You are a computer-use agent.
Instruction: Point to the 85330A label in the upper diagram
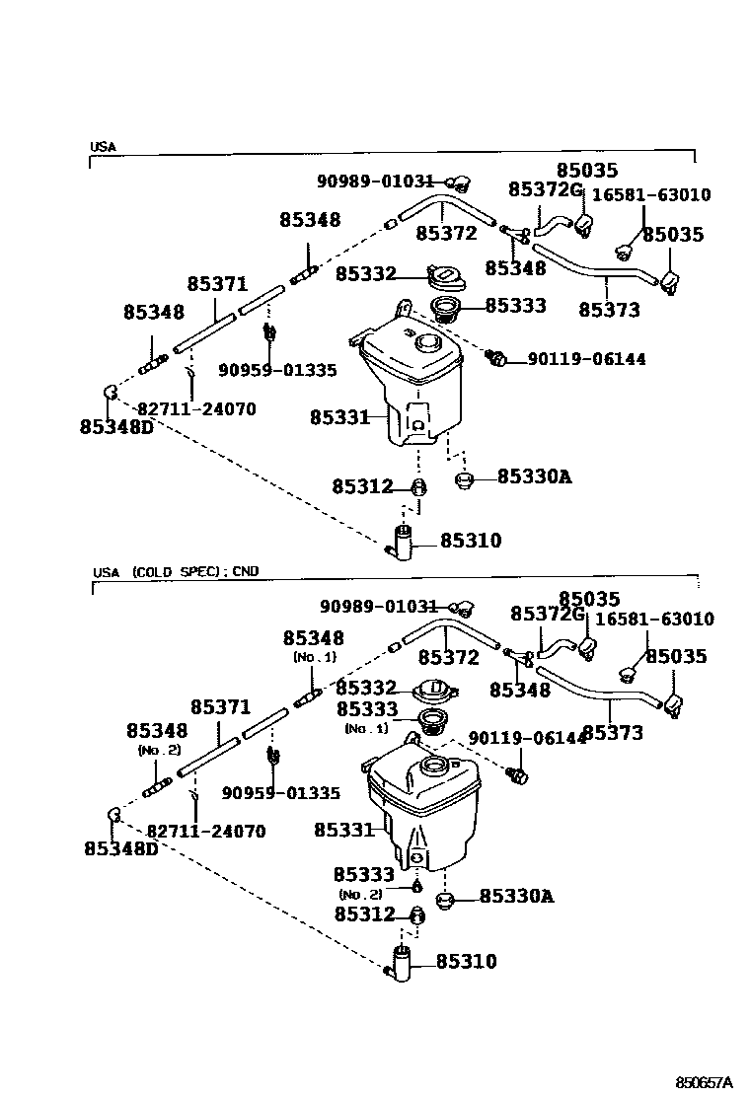[x=534, y=476]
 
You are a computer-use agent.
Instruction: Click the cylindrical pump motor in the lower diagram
[x=402, y=963]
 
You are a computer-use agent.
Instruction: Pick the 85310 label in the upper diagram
[x=471, y=541]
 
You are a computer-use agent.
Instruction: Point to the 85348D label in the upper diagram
[x=116, y=427]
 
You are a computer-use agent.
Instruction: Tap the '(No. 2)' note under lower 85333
[x=360, y=894]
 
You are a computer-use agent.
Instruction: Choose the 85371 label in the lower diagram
[x=220, y=707]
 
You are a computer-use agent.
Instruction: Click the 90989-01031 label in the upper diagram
[x=375, y=181]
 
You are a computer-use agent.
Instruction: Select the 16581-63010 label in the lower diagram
[x=655, y=620]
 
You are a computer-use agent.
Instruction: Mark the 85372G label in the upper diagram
[x=547, y=189]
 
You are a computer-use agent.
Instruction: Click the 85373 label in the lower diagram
[x=613, y=733]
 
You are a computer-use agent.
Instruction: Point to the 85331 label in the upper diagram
[x=340, y=417]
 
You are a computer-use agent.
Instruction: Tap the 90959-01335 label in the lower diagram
[x=280, y=792]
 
